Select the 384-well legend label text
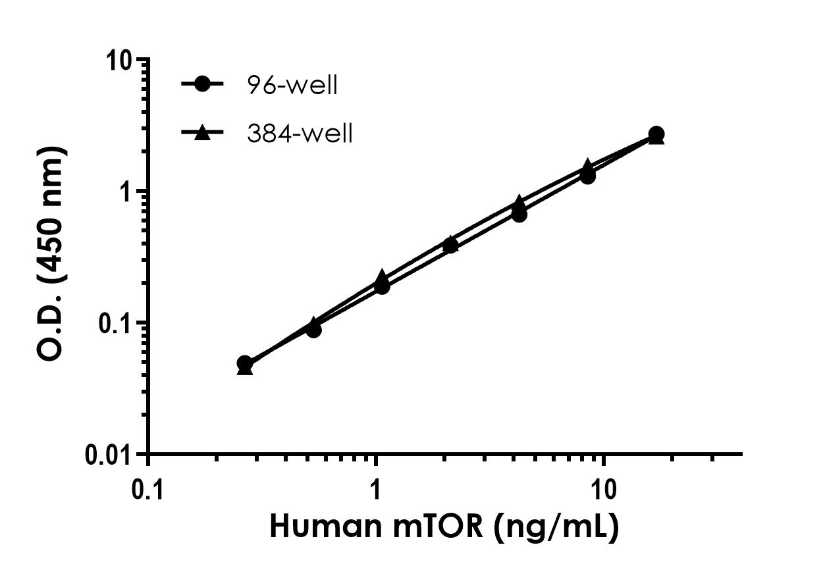click(x=300, y=134)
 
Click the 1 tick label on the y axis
click(x=130, y=192)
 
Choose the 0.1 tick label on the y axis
click(x=118, y=323)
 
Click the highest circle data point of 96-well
click(x=656, y=134)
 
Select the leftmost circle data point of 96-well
click(x=245, y=363)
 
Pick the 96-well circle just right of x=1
click(x=382, y=286)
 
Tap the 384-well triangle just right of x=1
click(x=382, y=277)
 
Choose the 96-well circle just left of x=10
click(x=587, y=176)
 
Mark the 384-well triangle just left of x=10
click(x=587, y=166)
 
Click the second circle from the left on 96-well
click(x=313, y=329)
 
